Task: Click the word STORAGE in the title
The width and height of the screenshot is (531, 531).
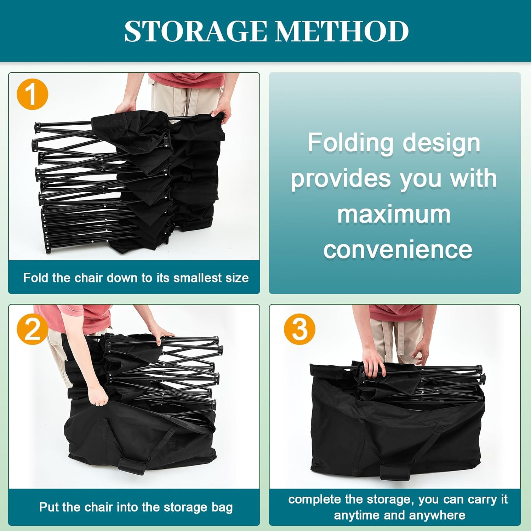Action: click(196, 31)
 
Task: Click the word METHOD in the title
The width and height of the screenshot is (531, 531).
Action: click(342, 31)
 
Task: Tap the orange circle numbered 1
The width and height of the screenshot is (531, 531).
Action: click(32, 95)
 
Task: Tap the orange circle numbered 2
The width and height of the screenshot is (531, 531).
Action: click(32, 329)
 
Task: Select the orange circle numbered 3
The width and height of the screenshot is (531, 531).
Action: click(299, 329)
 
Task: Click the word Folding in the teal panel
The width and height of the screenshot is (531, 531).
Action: click(350, 143)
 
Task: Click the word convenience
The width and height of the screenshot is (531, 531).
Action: click(398, 250)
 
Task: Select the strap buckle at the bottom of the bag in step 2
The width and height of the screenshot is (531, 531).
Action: click(132, 466)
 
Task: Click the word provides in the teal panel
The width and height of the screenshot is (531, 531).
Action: click(341, 179)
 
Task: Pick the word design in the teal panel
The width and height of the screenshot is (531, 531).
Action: click(441, 143)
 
